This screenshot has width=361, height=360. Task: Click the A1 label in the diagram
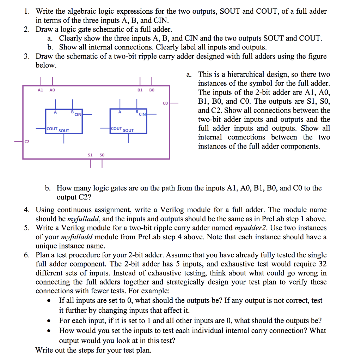pos(40,90)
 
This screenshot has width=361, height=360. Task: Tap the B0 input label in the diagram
pos(152,90)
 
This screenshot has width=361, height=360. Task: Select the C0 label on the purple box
pos(165,103)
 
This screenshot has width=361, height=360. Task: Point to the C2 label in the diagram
pos(27,142)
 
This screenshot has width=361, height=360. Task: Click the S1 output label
pos(90,155)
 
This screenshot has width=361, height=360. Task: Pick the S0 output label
pos(102,155)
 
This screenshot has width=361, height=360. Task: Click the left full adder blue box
pos(64,121)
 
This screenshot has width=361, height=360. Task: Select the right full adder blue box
pos(128,121)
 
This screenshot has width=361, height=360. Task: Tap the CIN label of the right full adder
pos(142,114)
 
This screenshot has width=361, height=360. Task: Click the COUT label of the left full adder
pos(52,129)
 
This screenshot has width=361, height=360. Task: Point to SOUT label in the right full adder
pos(128,131)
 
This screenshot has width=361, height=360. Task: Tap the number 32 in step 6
pos(322,264)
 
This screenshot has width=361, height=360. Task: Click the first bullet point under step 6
pos(52,301)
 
